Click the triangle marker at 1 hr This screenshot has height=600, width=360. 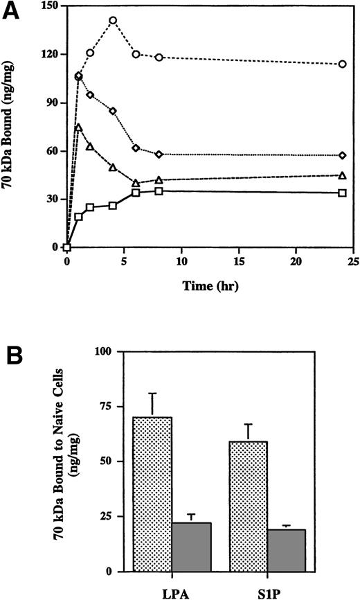pos(78,127)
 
